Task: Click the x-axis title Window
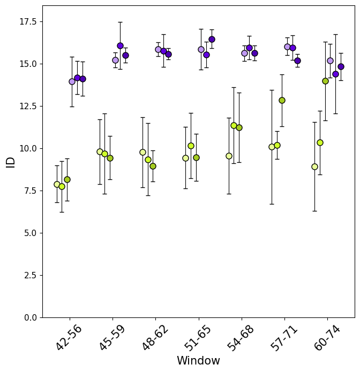[x=198, y=361]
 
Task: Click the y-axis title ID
[x=11, y=162]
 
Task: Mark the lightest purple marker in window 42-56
[x=72, y=81]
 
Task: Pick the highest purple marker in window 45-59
[x=120, y=45]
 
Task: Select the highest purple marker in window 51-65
[x=212, y=39]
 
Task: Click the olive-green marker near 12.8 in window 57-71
[x=282, y=100]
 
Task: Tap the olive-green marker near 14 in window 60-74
[x=325, y=81]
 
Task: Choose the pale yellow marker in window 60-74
[x=314, y=166]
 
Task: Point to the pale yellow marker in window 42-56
[x=57, y=184]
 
